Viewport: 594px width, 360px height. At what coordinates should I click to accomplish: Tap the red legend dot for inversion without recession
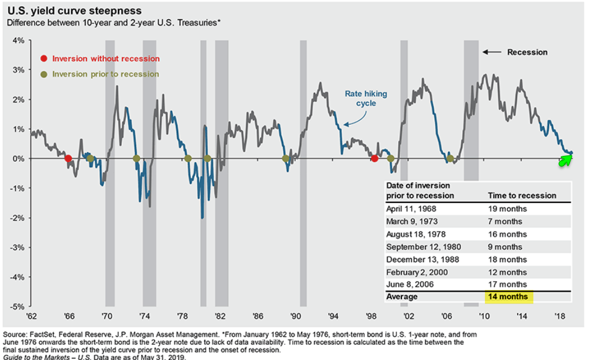tap(43, 58)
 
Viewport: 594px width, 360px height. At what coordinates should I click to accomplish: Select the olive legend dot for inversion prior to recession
tap(43, 74)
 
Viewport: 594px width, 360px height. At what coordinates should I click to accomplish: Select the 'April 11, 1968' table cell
tap(411, 208)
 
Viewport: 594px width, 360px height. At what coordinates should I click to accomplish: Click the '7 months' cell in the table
tap(505, 221)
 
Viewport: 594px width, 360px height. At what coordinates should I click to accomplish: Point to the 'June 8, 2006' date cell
tap(410, 284)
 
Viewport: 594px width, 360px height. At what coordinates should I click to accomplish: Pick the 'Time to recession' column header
tap(522, 195)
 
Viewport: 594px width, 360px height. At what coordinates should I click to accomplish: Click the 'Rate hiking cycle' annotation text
tap(366, 98)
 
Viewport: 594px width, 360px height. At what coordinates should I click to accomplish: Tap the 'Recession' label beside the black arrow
tap(527, 52)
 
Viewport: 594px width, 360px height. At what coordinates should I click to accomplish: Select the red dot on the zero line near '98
tap(375, 158)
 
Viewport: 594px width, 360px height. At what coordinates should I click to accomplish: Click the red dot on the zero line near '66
tap(68, 158)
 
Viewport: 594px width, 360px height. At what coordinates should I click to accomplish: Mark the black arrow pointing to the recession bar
tap(492, 52)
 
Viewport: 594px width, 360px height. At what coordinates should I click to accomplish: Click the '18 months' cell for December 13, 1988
tap(507, 259)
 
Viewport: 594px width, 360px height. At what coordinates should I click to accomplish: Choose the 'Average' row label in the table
tap(402, 296)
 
